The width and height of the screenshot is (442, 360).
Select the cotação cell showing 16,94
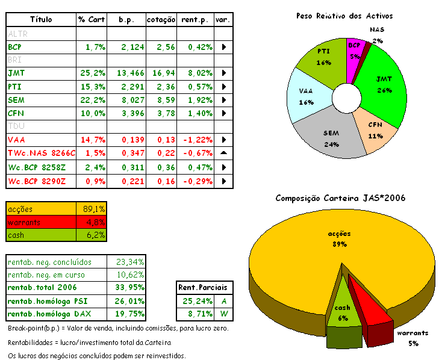tap(163, 73)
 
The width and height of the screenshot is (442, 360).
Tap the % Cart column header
tap(92, 20)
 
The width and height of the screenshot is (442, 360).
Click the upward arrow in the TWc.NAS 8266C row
tap(223, 153)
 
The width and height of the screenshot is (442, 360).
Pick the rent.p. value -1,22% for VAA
tap(197, 140)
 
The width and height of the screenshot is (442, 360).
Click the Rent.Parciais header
tap(205, 287)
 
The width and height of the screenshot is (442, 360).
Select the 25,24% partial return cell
tap(194, 300)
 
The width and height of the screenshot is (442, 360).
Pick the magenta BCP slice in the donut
tap(355, 50)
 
